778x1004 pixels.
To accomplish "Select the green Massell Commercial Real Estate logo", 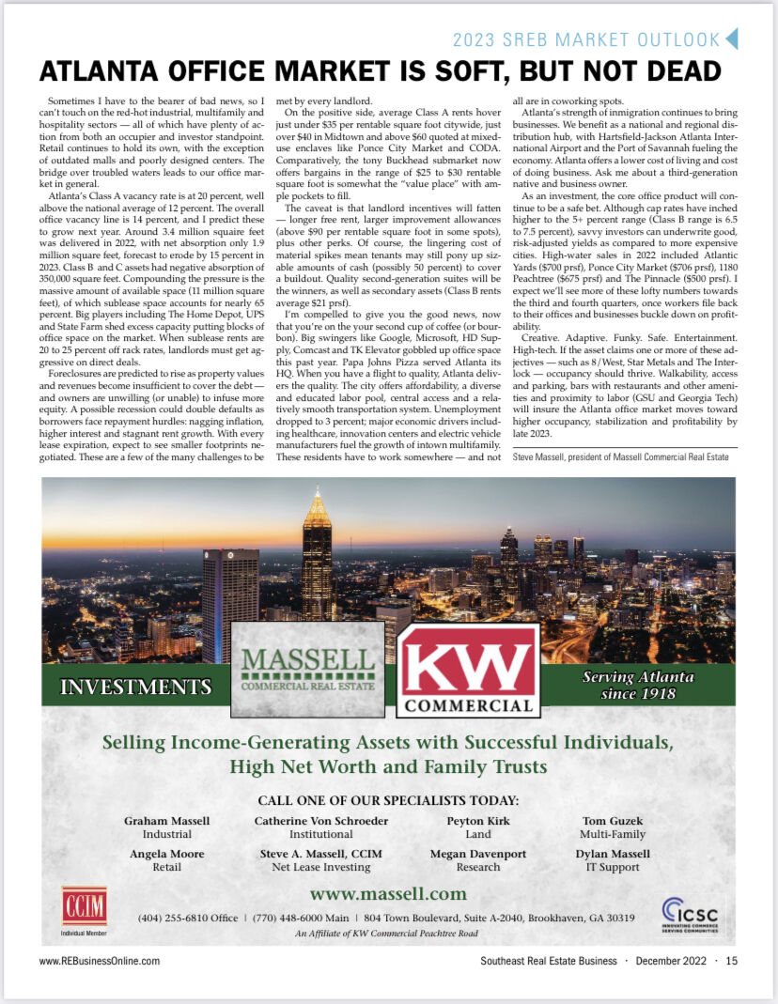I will tap(306, 670).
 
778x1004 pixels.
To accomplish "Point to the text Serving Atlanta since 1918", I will tap(638, 685).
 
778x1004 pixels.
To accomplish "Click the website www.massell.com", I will tap(388, 893).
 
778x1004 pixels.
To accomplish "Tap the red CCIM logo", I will tap(84, 907).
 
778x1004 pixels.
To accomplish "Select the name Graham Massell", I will tap(167, 821).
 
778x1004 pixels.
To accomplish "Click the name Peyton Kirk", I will tap(477, 821).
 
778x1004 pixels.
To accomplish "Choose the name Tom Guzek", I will tap(613, 821).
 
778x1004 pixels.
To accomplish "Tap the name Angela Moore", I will tap(167, 854).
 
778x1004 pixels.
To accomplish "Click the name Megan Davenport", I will tap(477, 854).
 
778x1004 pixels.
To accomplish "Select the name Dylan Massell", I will tap(613, 854).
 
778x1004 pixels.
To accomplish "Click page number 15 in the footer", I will tap(731, 961).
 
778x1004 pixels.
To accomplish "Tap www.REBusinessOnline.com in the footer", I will tap(100, 961).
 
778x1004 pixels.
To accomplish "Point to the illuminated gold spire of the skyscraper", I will tap(317, 505).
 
